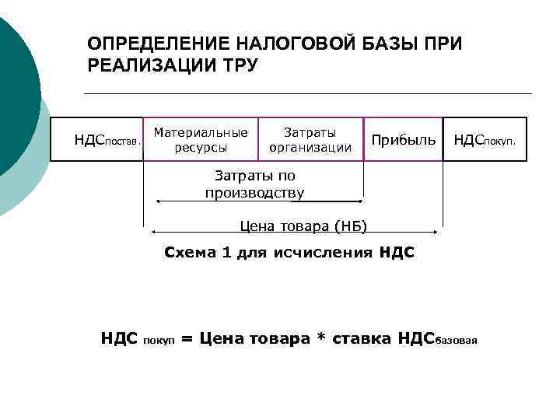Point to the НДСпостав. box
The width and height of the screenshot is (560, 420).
tap(97, 139)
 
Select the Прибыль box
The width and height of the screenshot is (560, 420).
tap(403, 139)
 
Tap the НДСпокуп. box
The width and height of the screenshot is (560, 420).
tap(485, 139)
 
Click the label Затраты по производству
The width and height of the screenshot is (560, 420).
tap(255, 184)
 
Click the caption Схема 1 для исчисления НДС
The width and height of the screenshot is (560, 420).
tap(289, 253)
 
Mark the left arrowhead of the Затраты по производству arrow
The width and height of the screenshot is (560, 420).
tap(159, 201)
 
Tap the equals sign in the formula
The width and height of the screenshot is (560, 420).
tap(187, 339)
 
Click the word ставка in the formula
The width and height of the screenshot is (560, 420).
tap(362, 339)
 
